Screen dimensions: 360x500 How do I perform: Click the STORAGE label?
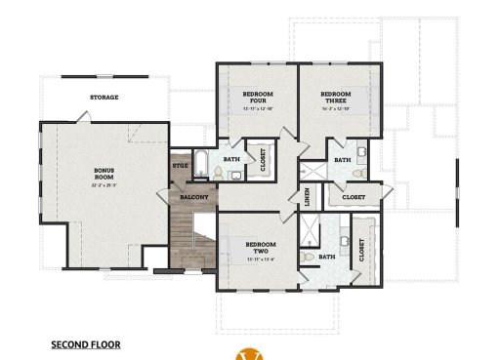point(104,98)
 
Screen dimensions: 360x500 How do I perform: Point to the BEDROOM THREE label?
point(336,97)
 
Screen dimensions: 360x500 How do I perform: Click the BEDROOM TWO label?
point(261,247)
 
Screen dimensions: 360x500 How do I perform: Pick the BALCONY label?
point(191,196)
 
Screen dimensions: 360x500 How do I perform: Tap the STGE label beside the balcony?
point(180,166)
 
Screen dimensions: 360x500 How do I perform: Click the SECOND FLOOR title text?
point(86,344)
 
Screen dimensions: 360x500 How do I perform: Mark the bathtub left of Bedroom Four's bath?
point(200,165)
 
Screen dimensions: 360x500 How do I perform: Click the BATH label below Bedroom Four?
point(231,158)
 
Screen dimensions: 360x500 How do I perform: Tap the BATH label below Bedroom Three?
point(342,159)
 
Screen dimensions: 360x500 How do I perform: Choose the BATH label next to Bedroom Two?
point(326,257)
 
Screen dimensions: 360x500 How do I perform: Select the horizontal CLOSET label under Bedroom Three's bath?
point(354,196)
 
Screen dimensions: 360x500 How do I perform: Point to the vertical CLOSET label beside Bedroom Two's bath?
point(361,251)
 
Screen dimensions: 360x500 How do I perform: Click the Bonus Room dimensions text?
point(104,184)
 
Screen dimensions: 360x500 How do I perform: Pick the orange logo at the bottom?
point(250,353)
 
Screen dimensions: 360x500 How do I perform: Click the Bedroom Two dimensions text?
point(261,260)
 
